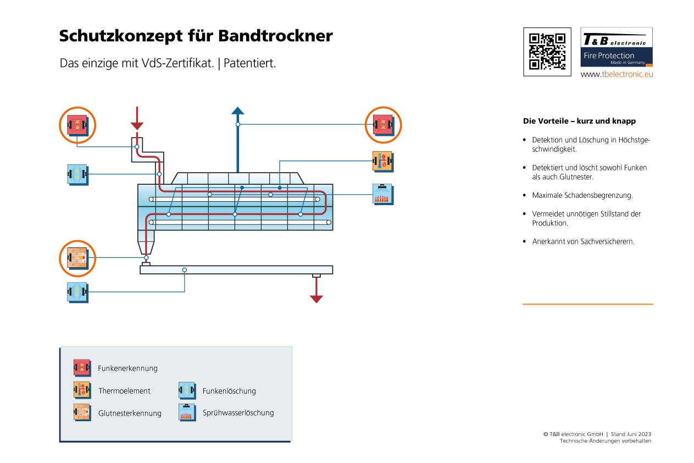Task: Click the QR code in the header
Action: point(547,52)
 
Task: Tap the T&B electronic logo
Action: point(617,47)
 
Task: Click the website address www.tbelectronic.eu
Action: point(617,74)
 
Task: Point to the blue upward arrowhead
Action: point(237,111)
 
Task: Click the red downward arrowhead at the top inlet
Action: point(137,125)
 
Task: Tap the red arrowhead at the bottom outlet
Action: point(316,299)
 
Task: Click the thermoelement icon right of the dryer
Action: point(383,161)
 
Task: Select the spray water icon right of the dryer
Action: point(383,194)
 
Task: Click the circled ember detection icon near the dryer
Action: point(77,257)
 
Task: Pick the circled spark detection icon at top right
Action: point(383,125)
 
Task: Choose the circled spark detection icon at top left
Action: point(77,125)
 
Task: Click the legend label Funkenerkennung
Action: point(127,368)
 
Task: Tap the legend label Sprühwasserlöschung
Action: point(238,412)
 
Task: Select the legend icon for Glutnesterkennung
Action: point(81,412)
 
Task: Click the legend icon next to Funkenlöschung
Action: point(187,390)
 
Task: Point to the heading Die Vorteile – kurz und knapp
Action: point(579,121)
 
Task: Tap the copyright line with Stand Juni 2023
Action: point(597,434)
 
